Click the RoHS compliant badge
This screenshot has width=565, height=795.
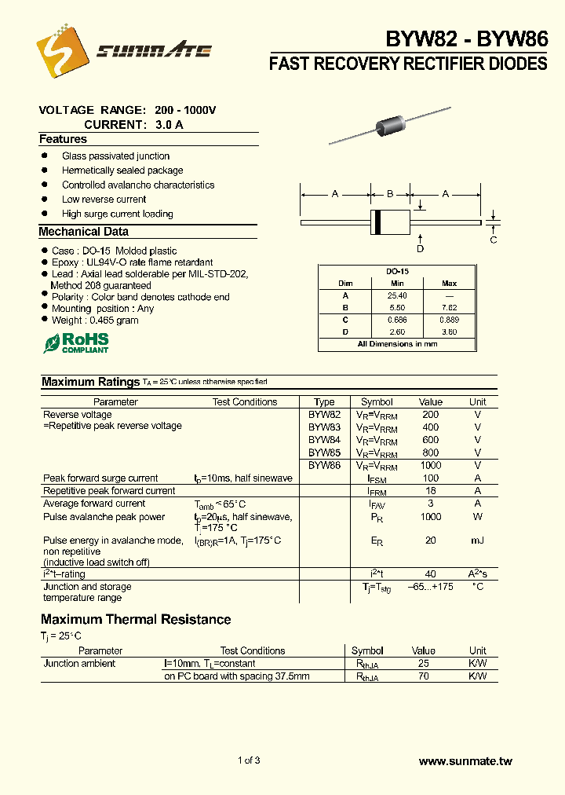tap(76, 343)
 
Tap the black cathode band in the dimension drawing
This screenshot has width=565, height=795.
tap(377, 222)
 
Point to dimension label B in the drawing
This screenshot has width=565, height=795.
tap(391, 193)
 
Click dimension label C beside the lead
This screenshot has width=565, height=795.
tap(494, 240)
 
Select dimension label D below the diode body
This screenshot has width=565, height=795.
tap(421, 249)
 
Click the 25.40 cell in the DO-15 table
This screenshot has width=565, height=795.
tap(396, 295)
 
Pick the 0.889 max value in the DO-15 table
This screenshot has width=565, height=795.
tap(449, 320)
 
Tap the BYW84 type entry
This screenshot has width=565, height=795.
tap(324, 440)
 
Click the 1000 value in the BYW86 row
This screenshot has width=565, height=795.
tap(430, 465)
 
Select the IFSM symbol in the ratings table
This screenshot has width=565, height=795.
tap(377, 478)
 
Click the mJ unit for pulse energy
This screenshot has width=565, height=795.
tap(478, 541)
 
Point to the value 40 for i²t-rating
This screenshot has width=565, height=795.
tap(430, 574)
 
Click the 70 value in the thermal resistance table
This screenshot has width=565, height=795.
tap(424, 676)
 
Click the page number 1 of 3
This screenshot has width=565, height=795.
tap(248, 760)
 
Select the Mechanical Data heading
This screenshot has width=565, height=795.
tap(84, 232)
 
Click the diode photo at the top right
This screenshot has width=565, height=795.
tap(392, 125)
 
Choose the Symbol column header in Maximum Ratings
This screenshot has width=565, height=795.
tap(377, 401)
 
